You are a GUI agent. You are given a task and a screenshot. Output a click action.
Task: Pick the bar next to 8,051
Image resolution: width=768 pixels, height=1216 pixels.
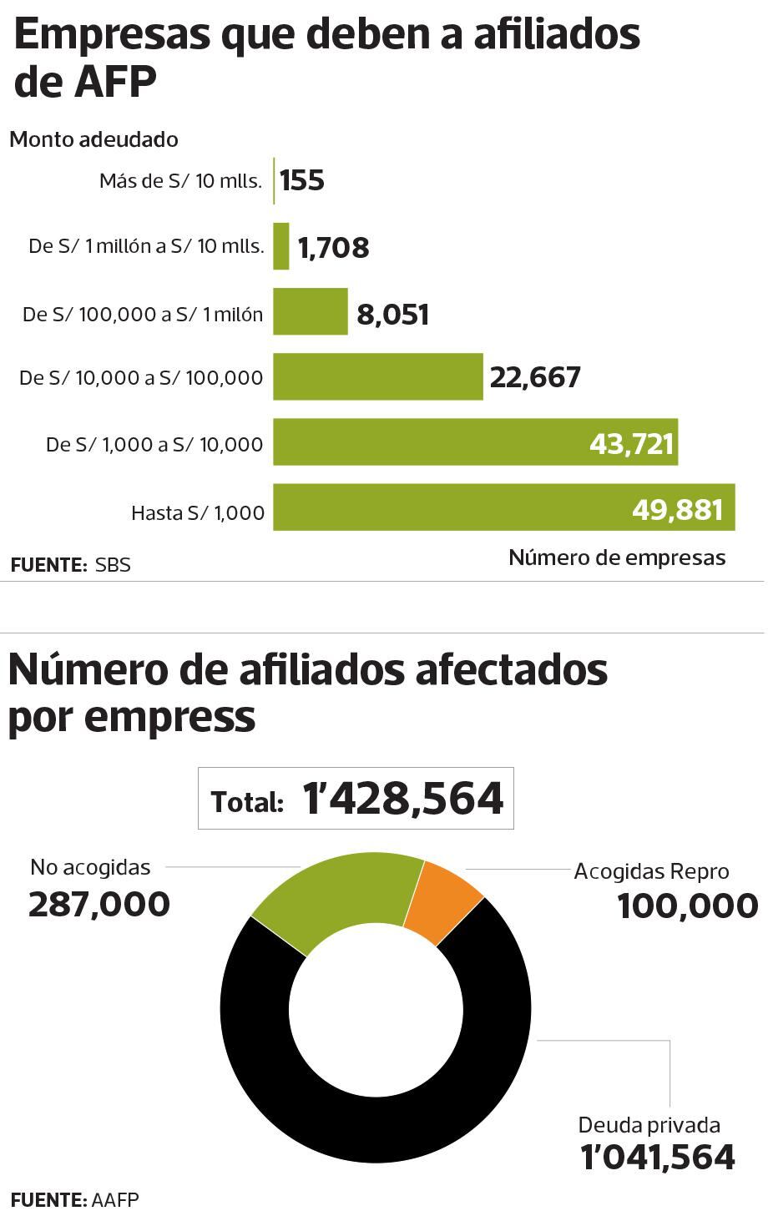[x=310, y=312]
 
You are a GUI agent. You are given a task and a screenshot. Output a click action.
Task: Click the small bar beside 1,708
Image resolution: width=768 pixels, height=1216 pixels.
[x=281, y=246]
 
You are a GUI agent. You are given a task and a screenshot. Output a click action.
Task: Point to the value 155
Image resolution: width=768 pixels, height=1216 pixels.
[x=302, y=180]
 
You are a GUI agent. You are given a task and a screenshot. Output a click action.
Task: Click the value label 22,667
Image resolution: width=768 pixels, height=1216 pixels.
[x=535, y=377]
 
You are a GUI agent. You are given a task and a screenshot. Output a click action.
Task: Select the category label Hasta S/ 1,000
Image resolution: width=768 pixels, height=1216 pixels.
[x=198, y=512]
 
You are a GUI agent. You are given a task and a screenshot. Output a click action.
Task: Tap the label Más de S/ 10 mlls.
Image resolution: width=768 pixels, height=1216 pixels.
[x=180, y=181]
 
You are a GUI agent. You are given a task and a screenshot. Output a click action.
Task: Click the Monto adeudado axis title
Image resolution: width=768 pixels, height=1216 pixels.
[x=93, y=139]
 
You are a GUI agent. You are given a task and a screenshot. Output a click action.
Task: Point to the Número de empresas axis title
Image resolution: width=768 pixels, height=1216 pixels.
[x=617, y=558]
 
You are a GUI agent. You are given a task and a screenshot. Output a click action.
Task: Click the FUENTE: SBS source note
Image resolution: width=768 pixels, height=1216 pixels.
[x=71, y=565]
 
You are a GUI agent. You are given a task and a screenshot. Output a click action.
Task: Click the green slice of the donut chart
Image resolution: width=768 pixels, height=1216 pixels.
[x=334, y=897]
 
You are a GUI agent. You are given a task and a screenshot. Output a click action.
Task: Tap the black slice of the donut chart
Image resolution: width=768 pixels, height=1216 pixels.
[x=376, y=1127]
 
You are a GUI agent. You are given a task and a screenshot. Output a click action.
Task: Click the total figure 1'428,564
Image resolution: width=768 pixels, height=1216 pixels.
[x=403, y=799]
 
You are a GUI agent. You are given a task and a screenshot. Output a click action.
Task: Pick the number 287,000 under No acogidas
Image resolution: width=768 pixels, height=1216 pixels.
[x=99, y=904]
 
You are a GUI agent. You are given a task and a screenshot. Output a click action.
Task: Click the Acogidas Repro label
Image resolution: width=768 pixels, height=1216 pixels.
[x=651, y=871]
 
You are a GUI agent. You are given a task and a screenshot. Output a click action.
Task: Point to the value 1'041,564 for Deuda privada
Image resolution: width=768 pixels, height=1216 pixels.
[x=658, y=1157]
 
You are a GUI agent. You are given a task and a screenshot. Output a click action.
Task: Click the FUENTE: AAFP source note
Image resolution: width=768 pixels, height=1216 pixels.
[x=75, y=1200]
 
